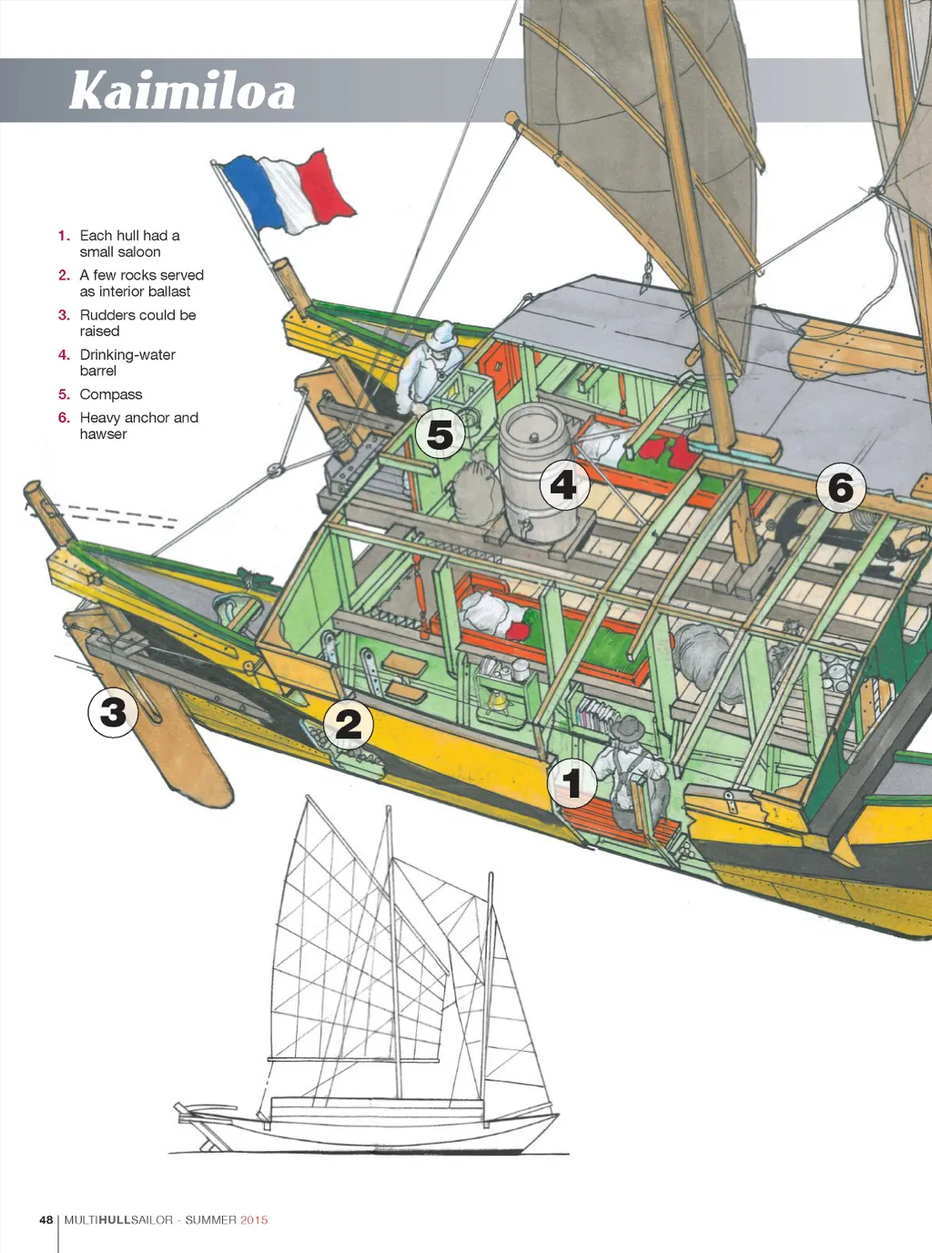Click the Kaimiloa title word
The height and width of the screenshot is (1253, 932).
(182, 91)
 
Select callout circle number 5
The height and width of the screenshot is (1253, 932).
(441, 434)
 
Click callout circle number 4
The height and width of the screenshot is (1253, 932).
(563, 484)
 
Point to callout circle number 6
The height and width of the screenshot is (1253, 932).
(840, 487)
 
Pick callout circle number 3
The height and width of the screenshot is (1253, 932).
(113, 711)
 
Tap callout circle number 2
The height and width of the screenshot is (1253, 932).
(349, 724)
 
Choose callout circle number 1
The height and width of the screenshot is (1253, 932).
(572, 782)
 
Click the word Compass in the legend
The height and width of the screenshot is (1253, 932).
(111, 394)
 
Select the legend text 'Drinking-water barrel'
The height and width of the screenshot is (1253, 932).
(127, 362)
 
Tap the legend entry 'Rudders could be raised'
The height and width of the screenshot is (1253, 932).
(137, 322)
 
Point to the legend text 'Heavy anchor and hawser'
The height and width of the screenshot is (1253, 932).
(138, 425)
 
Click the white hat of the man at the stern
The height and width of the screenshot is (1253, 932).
(444, 334)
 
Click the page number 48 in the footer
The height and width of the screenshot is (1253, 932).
(46, 1219)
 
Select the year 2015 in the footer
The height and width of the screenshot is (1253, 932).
(254, 1219)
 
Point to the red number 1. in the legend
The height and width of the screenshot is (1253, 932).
(64, 235)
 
